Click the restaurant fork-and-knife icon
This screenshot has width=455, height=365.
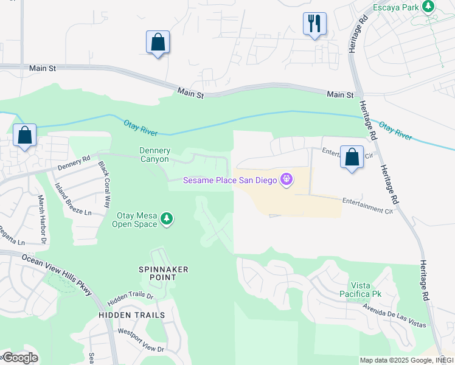pos(314,24)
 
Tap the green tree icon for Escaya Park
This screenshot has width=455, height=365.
pos(429,7)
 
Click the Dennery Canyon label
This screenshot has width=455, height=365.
pos(155,155)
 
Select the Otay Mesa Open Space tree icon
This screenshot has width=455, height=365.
pos(167,218)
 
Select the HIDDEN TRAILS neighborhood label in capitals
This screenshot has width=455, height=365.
pos(132,315)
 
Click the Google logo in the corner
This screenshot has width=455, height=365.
pos(20,358)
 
